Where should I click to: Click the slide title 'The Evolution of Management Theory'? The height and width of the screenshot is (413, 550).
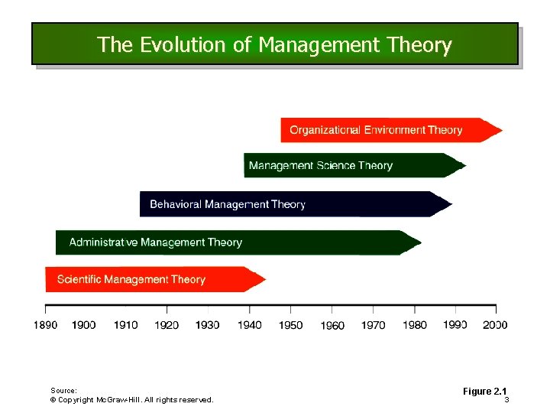tap(274, 45)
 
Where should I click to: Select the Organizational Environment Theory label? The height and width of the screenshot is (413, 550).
tap(376, 130)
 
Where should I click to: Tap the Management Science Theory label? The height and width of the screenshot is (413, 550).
tap(321, 166)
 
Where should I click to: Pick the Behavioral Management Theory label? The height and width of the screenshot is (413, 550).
tap(228, 204)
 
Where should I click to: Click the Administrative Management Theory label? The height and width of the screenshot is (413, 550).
tap(156, 242)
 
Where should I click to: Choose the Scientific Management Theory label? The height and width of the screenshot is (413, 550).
tap(131, 279)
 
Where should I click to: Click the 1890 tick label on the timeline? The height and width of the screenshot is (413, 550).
tap(44, 325)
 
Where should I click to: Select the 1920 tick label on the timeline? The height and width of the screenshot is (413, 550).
tap(167, 325)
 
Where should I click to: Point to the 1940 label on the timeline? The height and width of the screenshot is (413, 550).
tap(249, 325)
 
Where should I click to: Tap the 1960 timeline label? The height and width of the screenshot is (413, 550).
tap(332, 326)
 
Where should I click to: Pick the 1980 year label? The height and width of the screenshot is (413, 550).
tap(414, 325)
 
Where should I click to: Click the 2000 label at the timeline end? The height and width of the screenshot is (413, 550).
tap(495, 325)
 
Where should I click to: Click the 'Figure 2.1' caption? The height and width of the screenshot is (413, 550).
tap(485, 392)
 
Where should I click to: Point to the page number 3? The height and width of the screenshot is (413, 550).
tap(506, 400)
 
